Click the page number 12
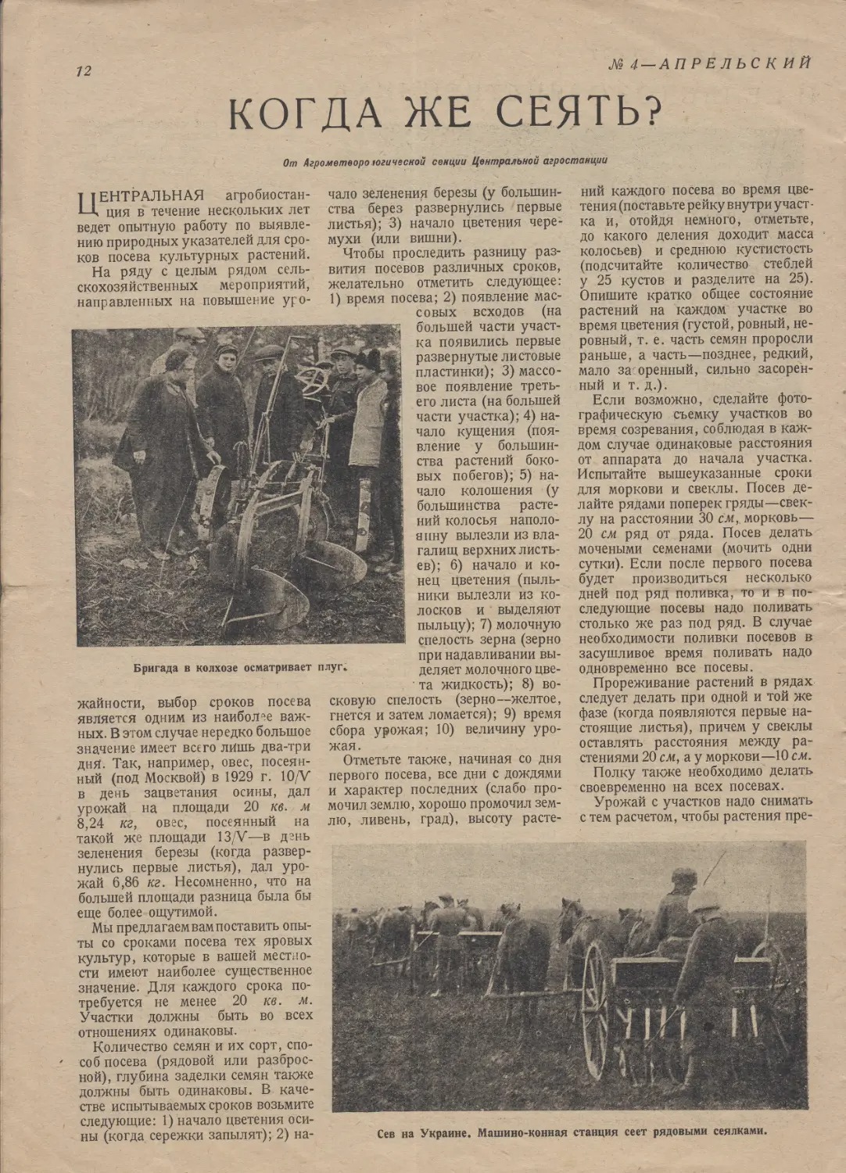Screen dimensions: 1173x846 (x=83, y=70)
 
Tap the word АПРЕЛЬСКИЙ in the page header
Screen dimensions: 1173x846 (x=736, y=63)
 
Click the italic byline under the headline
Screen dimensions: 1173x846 (x=446, y=162)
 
